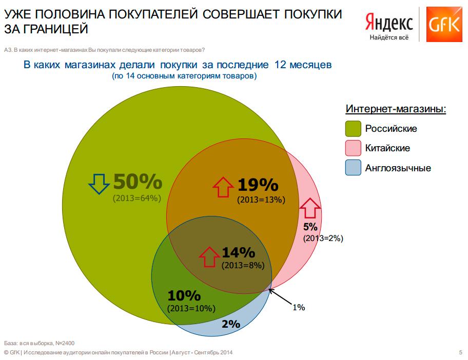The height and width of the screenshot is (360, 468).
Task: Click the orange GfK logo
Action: (444, 24)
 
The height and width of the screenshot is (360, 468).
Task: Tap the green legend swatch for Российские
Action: (353, 129)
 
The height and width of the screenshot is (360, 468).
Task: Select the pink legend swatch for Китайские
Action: (353, 148)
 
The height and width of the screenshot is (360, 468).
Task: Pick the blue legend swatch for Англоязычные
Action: (353, 168)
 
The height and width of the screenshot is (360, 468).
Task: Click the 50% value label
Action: (138, 182)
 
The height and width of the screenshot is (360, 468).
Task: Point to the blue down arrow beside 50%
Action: (99, 184)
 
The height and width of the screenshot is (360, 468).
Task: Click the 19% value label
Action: (258, 185)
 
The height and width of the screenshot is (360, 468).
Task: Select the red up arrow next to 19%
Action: (223, 187)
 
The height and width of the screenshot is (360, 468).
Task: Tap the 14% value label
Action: (239, 253)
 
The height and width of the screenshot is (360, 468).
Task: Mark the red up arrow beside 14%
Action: (209, 257)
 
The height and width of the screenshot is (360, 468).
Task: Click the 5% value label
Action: (310, 227)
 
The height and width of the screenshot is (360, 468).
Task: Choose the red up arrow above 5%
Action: (310, 208)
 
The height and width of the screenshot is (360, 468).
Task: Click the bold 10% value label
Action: (184, 295)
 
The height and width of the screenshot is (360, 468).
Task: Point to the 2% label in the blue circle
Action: (231, 324)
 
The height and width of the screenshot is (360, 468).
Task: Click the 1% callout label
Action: (299, 307)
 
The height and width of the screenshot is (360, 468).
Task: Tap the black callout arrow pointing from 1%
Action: (280, 296)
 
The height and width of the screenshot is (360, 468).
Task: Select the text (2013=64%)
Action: (137, 198)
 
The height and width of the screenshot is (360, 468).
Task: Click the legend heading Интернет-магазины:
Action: (396, 109)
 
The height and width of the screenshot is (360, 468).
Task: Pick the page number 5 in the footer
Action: (460, 352)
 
